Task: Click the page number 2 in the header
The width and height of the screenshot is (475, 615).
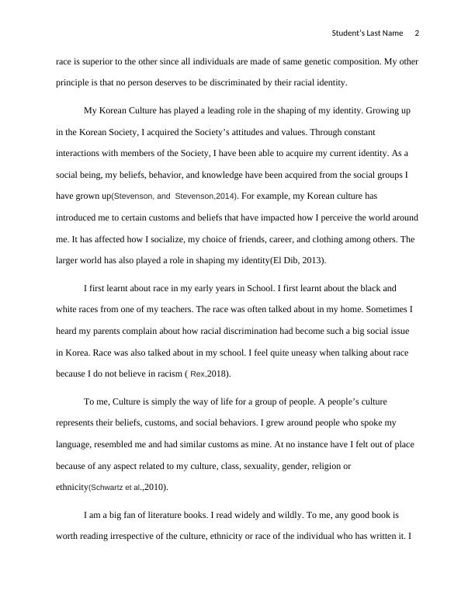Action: pos(417,33)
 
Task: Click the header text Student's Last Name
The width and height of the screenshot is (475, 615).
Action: pos(367,33)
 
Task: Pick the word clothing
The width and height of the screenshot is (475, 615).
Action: pos(319,239)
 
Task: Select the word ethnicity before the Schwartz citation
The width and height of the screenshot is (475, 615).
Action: pos(71,488)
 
